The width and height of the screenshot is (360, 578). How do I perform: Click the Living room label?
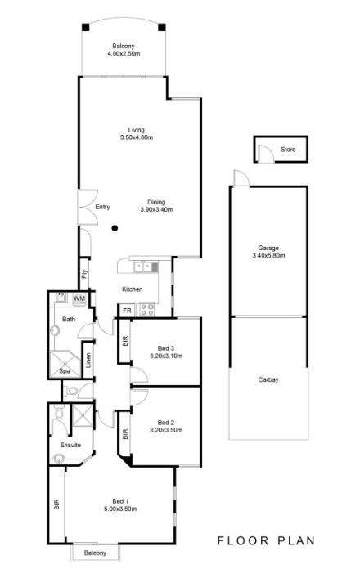[x=136, y=130]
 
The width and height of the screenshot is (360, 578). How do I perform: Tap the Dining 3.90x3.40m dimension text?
[x=156, y=210]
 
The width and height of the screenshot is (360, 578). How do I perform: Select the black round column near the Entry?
[x=115, y=228]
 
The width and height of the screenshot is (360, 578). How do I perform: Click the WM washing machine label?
[x=79, y=298]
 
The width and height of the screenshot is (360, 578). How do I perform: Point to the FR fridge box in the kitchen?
[x=127, y=311]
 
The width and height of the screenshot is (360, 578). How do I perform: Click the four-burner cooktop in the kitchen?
[x=147, y=310]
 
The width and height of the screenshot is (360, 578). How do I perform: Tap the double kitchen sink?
[x=142, y=267]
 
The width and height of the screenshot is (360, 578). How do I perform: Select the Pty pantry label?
[x=84, y=274]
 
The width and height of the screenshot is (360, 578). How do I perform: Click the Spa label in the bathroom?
[x=65, y=371]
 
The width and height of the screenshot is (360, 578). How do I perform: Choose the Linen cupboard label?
[x=88, y=361]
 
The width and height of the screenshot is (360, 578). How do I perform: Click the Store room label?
[x=288, y=150]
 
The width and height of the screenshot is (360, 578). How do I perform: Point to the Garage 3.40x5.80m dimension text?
[x=268, y=255]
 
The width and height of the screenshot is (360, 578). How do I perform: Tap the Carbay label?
[x=268, y=379]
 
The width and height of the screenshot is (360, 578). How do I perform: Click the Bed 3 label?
[x=166, y=348]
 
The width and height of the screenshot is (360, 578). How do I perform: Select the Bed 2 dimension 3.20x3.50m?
[x=166, y=430]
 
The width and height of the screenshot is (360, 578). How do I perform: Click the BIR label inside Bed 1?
[x=56, y=504]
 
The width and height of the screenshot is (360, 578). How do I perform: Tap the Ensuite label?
[x=70, y=445]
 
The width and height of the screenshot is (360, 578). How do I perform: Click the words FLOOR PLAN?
[x=266, y=540]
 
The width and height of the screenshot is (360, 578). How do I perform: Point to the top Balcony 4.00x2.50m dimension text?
[x=124, y=53]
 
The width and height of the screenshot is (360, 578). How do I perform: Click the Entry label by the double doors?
[x=102, y=207]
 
